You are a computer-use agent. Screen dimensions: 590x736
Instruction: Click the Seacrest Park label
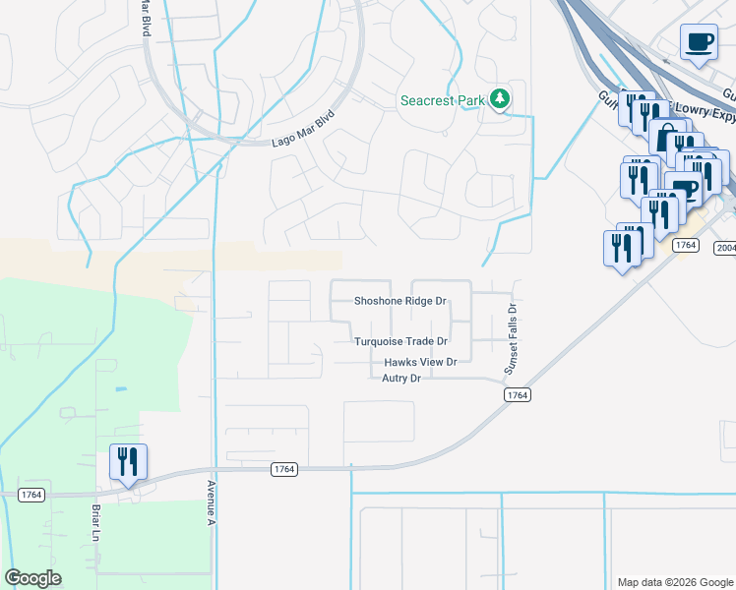click(442, 100)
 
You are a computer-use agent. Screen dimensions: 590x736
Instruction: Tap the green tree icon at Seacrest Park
click(501, 98)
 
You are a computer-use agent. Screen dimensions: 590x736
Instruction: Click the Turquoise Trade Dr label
click(401, 341)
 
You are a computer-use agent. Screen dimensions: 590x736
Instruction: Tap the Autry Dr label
click(401, 378)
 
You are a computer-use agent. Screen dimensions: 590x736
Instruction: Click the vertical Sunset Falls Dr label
click(511, 338)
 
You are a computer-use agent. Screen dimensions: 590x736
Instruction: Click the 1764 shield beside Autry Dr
click(518, 394)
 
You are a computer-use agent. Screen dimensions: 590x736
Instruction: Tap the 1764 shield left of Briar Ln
click(30, 495)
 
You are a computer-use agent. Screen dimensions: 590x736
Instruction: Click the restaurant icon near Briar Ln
click(128, 462)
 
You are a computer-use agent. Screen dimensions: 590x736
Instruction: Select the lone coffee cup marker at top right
click(700, 42)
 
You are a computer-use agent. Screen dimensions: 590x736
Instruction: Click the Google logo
click(32, 578)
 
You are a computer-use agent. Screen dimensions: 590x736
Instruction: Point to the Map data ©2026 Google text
click(674, 582)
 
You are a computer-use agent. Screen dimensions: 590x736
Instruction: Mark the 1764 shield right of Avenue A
click(284, 470)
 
